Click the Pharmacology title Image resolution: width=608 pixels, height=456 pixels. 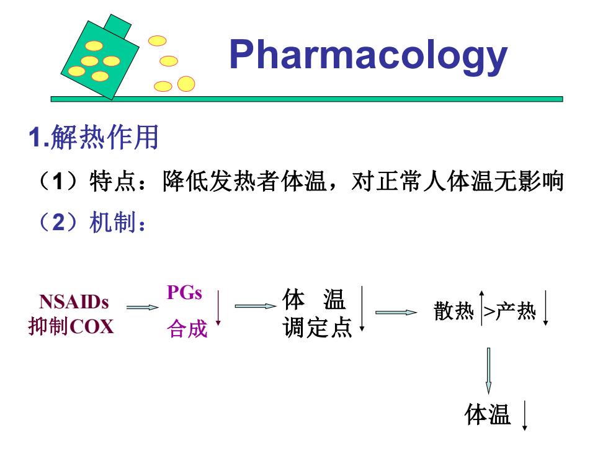(x=369, y=56)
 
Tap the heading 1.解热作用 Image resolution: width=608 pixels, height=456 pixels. (x=94, y=137)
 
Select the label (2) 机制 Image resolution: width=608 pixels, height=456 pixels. (x=92, y=222)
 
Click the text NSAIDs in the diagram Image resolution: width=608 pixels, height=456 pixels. (x=74, y=302)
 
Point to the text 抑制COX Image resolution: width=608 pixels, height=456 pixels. (x=71, y=326)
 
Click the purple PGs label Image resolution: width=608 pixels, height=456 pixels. (x=184, y=292)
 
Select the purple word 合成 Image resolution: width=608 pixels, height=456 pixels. (x=187, y=329)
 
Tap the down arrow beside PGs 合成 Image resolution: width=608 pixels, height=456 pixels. (x=218, y=307)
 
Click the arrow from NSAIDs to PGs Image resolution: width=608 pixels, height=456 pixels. (x=142, y=308)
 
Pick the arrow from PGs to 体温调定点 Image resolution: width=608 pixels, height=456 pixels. (x=256, y=306)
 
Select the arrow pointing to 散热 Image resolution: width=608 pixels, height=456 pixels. (x=396, y=312)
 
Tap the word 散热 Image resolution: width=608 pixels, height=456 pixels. (x=454, y=311)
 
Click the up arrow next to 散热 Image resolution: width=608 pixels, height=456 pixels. (x=481, y=308)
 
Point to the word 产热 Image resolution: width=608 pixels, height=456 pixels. (x=516, y=311)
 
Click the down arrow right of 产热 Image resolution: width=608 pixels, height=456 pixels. (x=545, y=308)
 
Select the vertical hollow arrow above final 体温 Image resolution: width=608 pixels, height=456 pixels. (x=489, y=371)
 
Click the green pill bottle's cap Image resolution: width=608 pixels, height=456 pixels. (x=117, y=26)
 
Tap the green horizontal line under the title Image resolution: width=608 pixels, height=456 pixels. (x=306, y=99)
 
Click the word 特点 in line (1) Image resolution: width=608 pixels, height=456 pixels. (x=112, y=181)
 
